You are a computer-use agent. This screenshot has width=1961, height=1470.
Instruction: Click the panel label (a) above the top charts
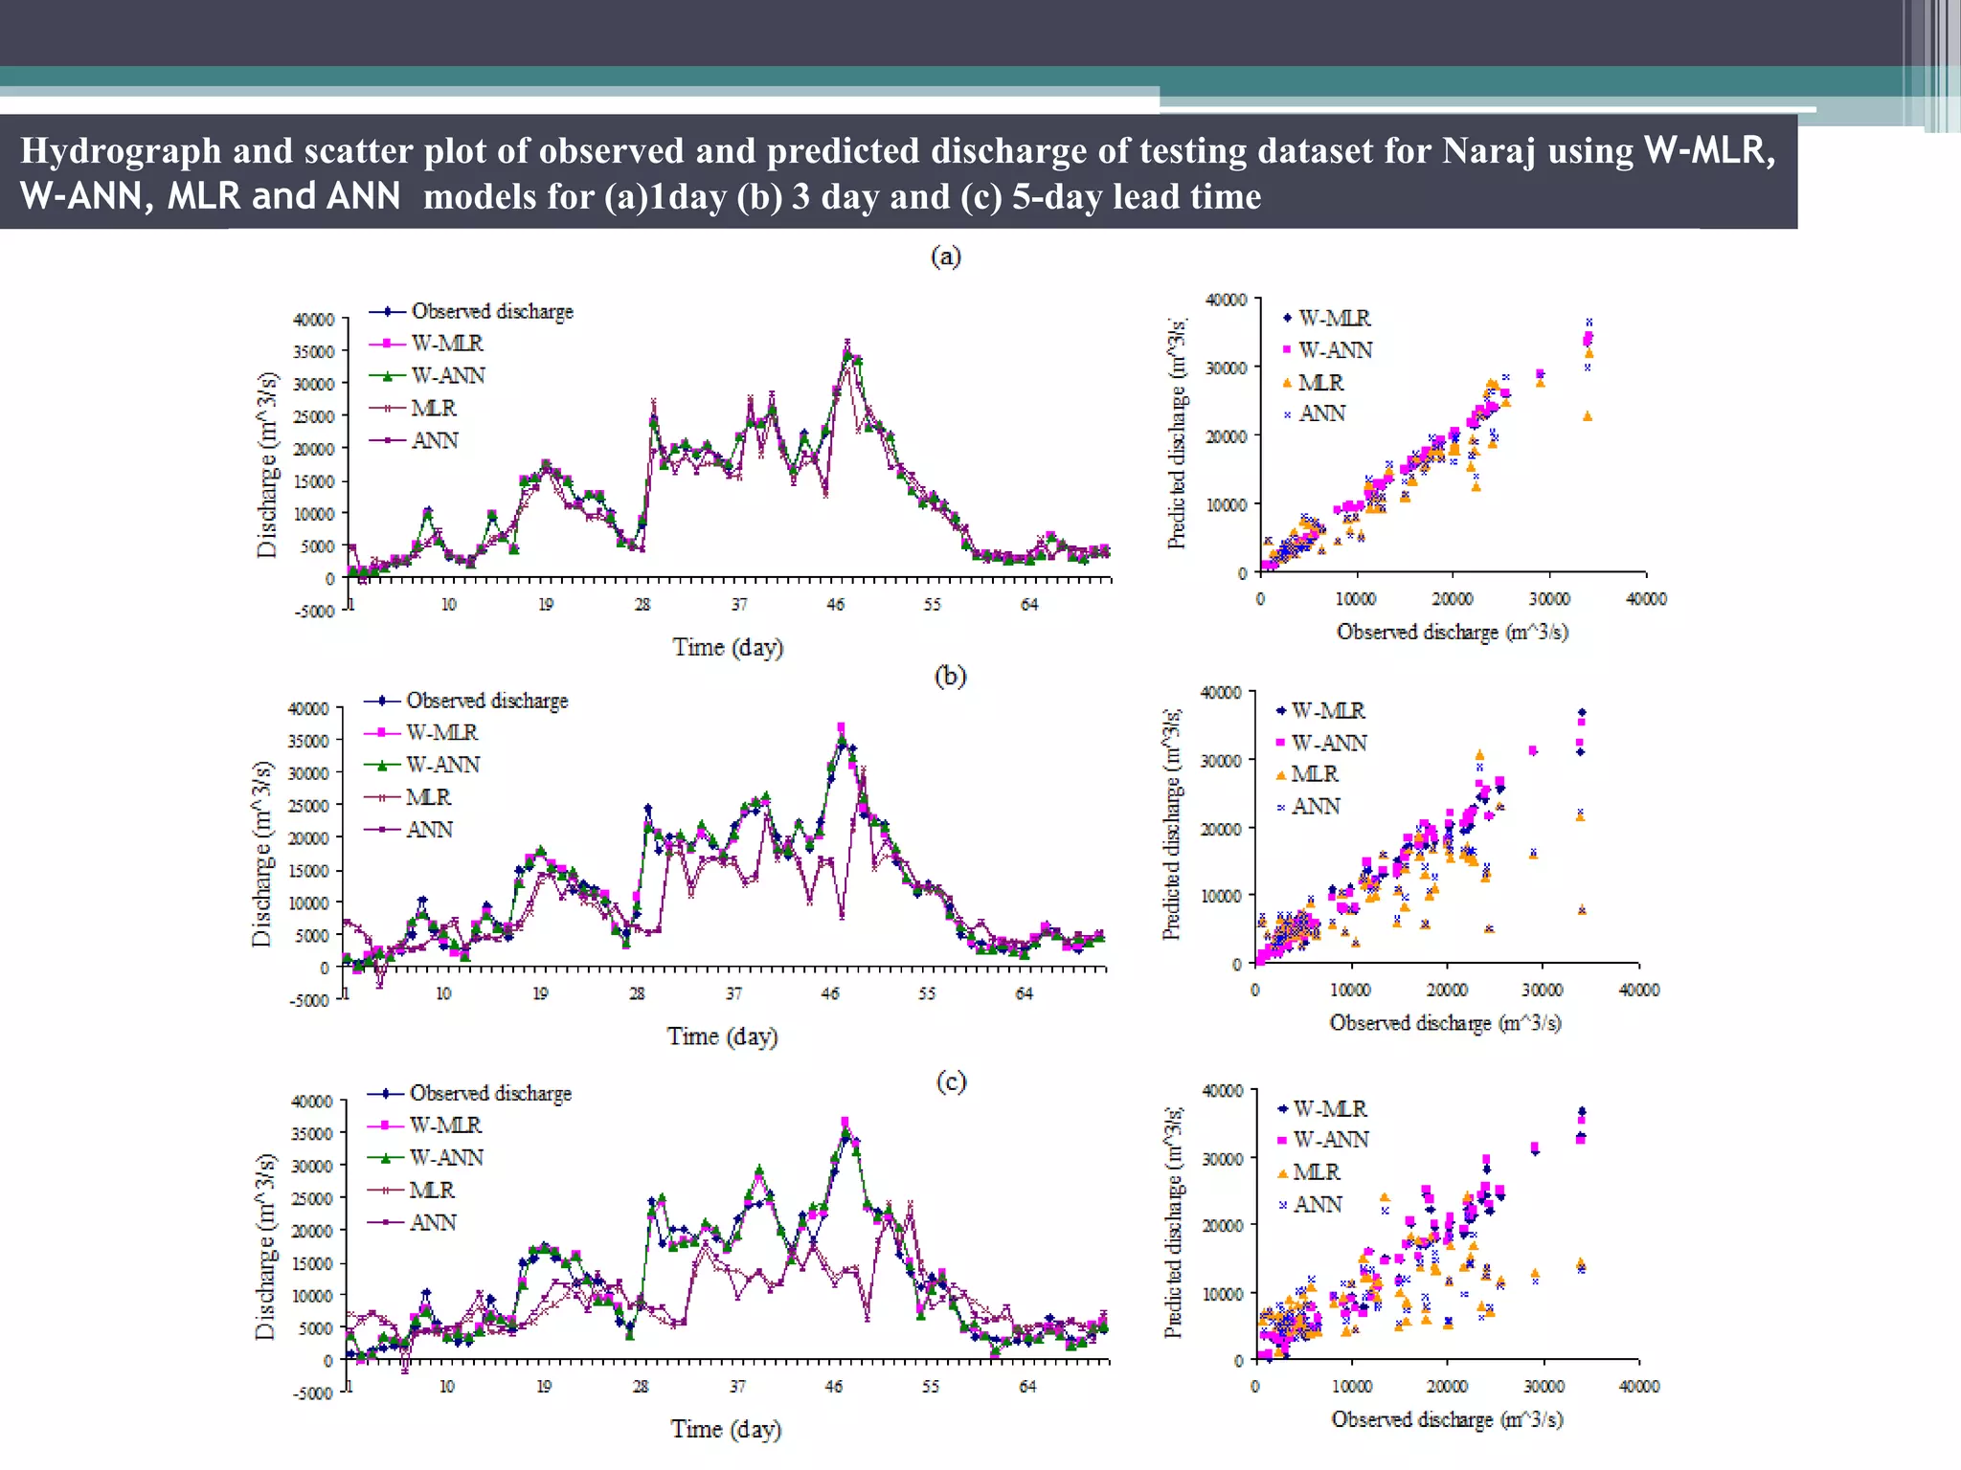click(946, 256)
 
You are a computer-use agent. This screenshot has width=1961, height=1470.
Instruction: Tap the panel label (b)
click(950, 676)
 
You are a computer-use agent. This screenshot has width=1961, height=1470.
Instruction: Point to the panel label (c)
click(951, 1081)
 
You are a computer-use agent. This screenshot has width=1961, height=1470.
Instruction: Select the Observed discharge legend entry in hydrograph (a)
click(491, 311)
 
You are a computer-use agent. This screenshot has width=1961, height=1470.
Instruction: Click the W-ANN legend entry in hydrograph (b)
click(441, 765)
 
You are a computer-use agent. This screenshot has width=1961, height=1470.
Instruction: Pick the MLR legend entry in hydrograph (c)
click(431, 1190)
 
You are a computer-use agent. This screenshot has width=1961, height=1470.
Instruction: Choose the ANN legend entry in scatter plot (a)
click(1321, 413)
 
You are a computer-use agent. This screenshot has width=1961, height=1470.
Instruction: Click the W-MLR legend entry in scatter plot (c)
click(1330, 1108)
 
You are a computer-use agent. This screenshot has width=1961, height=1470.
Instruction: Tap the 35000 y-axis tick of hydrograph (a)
click(313, 351)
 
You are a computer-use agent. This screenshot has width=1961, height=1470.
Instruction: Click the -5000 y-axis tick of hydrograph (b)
click(308, 1001)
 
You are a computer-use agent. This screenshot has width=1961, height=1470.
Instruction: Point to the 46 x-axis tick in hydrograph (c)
click(834, 1386)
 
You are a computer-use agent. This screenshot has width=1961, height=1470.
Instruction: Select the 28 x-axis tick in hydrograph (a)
click(642, 605)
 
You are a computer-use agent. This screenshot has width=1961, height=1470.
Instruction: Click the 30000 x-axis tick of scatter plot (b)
click(1543, 990)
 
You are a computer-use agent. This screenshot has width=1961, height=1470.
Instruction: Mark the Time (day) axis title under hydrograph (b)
click(722, 1036)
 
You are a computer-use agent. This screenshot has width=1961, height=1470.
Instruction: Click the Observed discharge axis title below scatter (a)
click(1452, 632)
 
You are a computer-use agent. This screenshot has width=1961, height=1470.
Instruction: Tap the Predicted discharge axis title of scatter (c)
click(1173, 1224)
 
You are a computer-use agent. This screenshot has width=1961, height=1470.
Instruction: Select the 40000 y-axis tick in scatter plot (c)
click(1223, 1091)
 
